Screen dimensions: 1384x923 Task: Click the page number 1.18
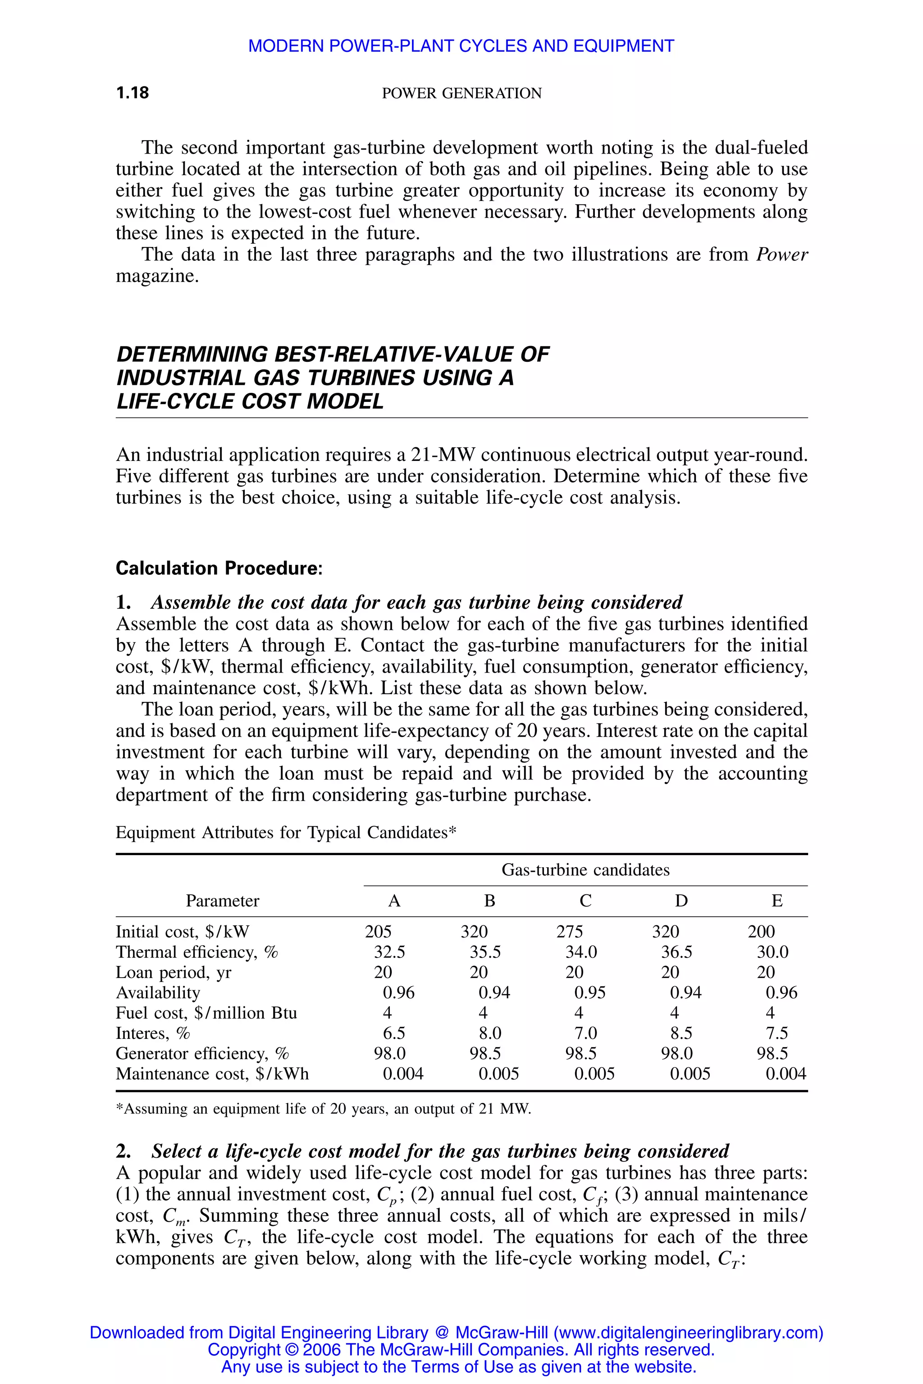click(133, 93)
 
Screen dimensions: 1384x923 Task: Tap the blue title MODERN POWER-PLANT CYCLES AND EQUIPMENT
click(461, 46)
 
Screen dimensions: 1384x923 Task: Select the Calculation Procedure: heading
click(219, 569)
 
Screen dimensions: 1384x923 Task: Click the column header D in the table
click(681, 901)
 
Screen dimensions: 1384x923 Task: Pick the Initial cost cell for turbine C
click(569, 932)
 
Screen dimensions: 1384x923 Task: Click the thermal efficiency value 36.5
click(676, 952)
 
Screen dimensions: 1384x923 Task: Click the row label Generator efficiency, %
click(202, 1053)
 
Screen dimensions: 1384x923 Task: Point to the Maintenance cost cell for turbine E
click(785, 1074)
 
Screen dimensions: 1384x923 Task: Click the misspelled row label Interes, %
click(152, 1033)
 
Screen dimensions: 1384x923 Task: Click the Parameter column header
click(223, 901)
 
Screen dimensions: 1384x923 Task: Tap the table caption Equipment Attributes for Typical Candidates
click(286, 833)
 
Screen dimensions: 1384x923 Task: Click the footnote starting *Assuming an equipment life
click(323, 1109)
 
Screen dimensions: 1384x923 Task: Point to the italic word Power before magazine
click(782, 255)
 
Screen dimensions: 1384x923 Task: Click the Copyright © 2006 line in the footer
click(461, 1349)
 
